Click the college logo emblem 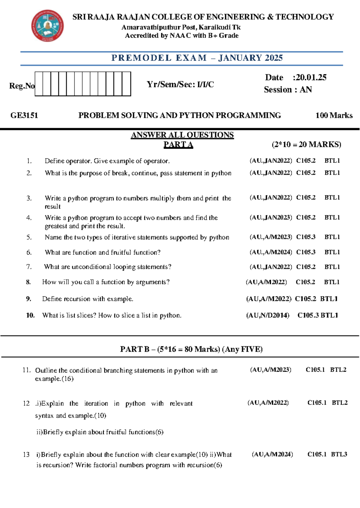(x=47, y=25)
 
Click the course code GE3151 (x=24, y=115)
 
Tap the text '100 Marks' (x=334, y=115)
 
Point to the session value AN (x=306, y=90)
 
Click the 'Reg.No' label (x=22, y=86)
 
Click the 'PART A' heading (x=178, y=145)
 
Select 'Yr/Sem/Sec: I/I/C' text (x=180, y=85)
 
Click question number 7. (x=29, y=267)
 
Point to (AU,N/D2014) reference (x=268, y=315)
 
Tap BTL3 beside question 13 (x=339, y=454)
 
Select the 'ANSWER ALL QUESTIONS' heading (x=182, y=135)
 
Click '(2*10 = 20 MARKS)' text (x=306, y=145)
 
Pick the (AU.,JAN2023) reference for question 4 (x=271, y=218)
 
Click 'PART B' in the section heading (x=135, y=349)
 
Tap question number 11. (x=26, y=370)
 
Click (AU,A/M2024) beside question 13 (x=272, y=454)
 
